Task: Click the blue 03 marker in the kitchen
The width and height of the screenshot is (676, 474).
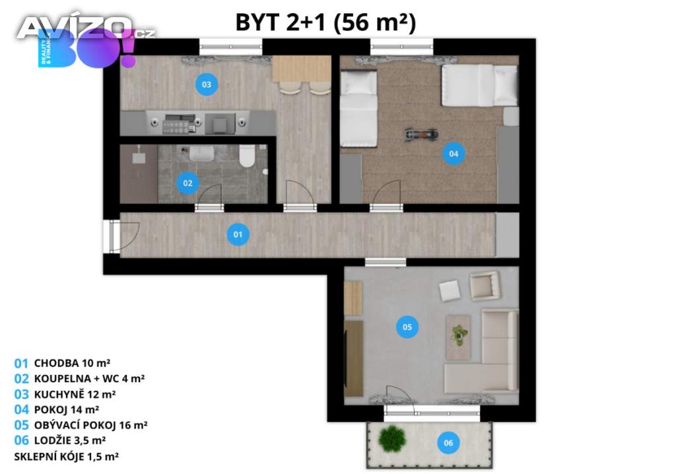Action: coord(207,85)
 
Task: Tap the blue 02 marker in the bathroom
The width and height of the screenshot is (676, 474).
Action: coord(187,183)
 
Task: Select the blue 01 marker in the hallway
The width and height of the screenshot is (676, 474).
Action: coord(238,234)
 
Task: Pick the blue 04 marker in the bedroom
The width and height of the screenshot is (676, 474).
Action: coord(454,154)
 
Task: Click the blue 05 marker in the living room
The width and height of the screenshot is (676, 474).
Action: coord(407,327)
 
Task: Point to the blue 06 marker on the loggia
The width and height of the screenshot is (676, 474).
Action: coord(448,442)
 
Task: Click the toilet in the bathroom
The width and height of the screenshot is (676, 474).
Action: coord(248,156)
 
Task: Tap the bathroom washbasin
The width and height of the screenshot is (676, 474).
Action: coord(201,154)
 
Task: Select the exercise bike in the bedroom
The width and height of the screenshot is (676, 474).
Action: coord(421,134)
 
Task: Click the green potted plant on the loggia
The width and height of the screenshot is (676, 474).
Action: coord(392,439)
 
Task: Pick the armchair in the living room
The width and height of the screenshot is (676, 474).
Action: coord(485,285)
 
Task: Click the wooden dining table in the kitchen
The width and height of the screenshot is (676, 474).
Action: coord(302,69)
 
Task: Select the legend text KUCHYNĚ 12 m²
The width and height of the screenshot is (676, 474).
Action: coord(75,394)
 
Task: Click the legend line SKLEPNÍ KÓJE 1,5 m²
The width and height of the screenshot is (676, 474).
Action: coord(67,456)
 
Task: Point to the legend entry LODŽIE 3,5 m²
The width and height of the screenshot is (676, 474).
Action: coord(70,440)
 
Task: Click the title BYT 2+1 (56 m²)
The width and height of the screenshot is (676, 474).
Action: coord(325,22)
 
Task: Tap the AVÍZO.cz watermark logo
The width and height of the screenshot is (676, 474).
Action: coord(86,28)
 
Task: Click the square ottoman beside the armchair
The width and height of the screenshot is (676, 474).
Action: coord(450,290)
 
